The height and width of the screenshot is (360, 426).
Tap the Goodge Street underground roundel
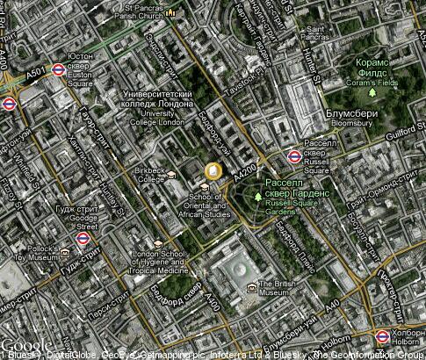tap(83, 238)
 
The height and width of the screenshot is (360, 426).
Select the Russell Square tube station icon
tap(294, 157)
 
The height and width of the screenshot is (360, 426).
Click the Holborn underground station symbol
tap(382, 336)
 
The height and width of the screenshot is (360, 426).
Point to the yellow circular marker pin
tap(213, 171)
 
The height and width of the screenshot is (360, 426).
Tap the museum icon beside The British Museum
tap(253, 287)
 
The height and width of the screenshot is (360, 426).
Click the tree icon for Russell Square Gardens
tap(258, 195)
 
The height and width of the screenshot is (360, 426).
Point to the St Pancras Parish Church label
tap(142, 15)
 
